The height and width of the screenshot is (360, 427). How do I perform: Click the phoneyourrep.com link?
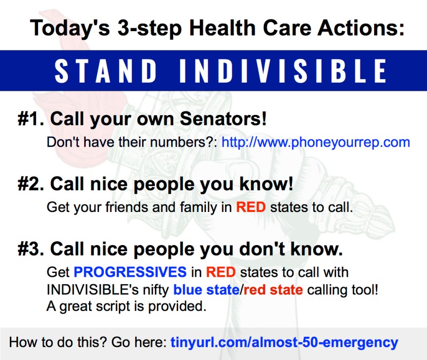[x=316, y=143]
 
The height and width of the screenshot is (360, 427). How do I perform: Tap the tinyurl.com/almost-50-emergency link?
[x=284, y=342]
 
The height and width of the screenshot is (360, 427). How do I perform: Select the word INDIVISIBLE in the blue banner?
[x=283, y=71]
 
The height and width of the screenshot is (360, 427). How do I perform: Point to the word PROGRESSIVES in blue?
[x=130, y=272]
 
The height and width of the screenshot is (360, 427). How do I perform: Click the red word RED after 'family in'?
[x=250, y=207]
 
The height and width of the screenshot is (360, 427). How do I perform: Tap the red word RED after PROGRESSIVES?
[x=221, y=272]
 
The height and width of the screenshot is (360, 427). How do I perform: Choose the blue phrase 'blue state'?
[x=206, y=289]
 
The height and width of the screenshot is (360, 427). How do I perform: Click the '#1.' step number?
[x=31, y=119]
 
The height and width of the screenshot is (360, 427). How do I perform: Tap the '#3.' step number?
[x=31, y=249]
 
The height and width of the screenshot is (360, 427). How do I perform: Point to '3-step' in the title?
[x=140, y=28]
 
